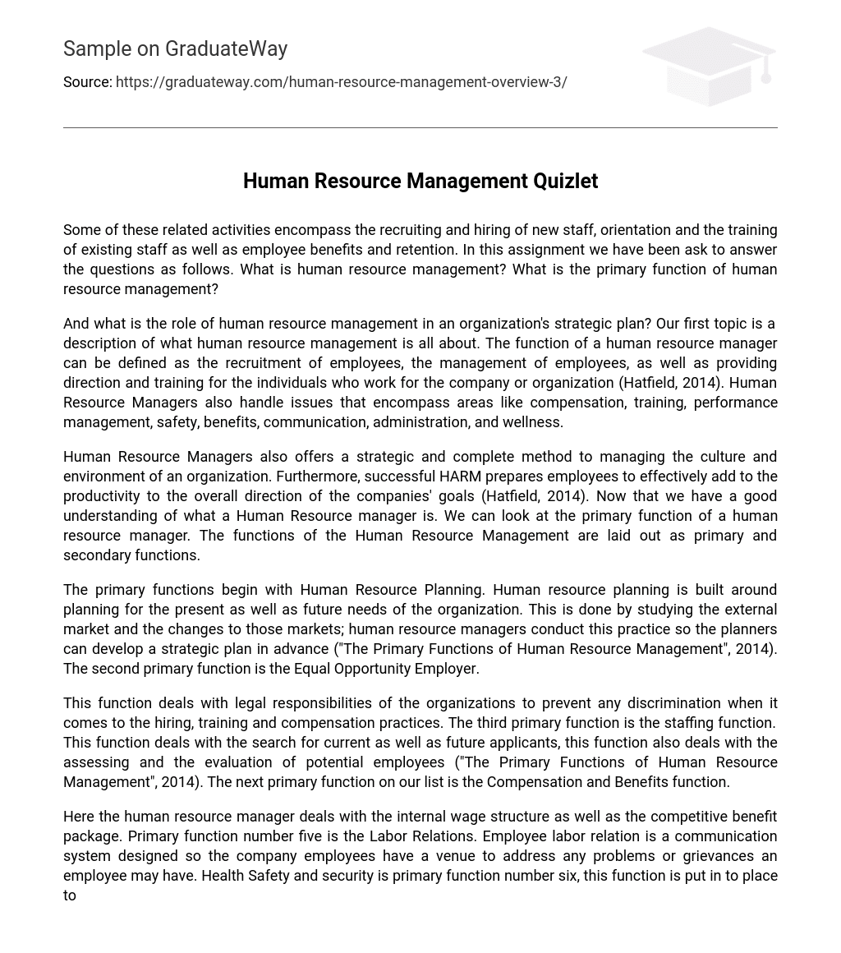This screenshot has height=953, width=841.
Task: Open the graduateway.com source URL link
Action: coord(341,82)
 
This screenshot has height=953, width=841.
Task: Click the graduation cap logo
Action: coord(708,66)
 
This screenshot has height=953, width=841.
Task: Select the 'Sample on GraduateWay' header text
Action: coord(175,49)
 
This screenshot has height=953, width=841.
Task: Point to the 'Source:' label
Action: coord(87,82)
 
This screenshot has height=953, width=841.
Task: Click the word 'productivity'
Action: coord(103,496)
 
